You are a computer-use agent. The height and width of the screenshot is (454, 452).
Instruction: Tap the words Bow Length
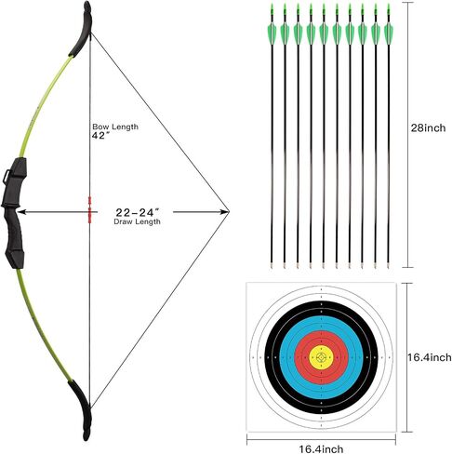click(115, 127)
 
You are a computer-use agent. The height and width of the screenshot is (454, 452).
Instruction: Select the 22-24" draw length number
click(138, 212)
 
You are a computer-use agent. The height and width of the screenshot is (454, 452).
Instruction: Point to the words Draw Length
click(137, 221)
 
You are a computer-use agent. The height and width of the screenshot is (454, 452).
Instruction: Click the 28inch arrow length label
click(428, 127)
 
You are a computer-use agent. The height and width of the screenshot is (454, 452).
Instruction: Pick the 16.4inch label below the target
click(321, 448)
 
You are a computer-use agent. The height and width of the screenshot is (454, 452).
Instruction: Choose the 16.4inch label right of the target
click(430, 357)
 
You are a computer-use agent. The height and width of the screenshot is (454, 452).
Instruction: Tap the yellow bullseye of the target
click(321, 357)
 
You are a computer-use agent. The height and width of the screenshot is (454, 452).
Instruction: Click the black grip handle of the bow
click(14, 213)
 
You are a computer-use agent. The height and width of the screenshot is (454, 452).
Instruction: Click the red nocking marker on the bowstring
click(90, 209)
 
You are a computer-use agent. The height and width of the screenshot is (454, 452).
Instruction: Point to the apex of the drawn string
click(229, 212)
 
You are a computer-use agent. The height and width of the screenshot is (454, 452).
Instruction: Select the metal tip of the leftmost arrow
click(272, 264)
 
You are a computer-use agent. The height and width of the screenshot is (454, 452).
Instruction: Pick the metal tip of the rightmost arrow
click(389, 264)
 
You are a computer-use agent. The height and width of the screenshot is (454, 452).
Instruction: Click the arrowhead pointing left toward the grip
click(20, 212)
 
